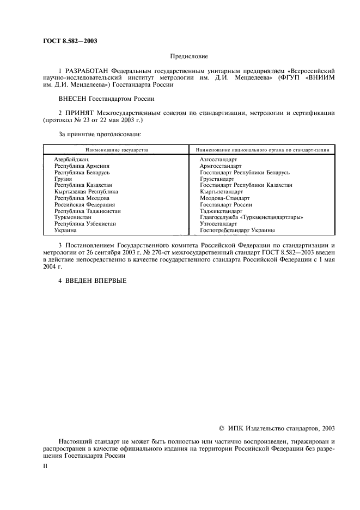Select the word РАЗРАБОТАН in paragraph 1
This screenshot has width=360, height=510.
point(87,71)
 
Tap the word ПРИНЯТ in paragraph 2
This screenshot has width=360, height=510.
point(81,113)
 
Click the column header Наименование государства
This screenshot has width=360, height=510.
point(115,149)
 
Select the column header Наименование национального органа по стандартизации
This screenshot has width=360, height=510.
point(261,149)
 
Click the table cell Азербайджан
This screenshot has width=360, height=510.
point(71,159)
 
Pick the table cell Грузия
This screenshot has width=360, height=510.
point(63,179)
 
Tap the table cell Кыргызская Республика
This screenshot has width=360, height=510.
point(86,192)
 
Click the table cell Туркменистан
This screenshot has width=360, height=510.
point(73,217)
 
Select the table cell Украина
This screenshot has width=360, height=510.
point(65,230)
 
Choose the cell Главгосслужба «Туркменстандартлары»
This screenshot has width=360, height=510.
point(251,217)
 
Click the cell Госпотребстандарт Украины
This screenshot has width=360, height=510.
point(237,230)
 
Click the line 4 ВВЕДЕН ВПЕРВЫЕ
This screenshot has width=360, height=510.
point(92,280)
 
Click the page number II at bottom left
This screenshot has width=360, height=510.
point(45,467)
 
